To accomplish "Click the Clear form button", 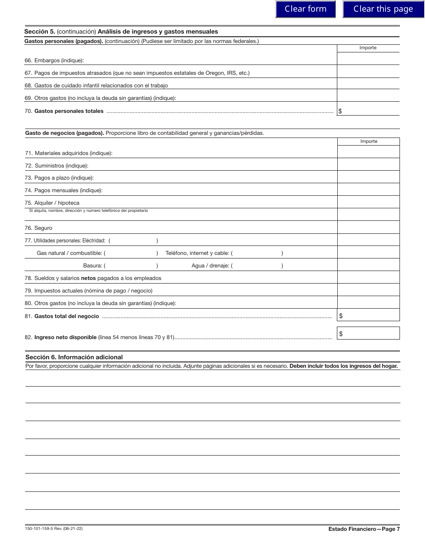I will point(306,9).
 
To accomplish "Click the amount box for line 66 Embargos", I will point(368,59).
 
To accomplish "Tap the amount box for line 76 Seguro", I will point(368,228).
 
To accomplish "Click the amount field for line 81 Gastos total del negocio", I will point(368,315).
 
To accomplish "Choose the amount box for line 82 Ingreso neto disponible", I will point(368,333).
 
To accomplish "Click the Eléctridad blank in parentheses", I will point(133,241).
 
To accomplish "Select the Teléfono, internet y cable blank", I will point(258,253).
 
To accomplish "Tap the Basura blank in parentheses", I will point(131,266).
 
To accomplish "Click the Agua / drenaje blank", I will point(258,266).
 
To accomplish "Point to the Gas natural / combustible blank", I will point(131,253).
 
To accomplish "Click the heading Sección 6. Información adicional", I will point(74,357).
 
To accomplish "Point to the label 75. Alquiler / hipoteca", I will point(52,203).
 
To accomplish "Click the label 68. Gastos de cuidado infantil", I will point(96,85).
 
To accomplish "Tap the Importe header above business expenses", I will point(369,142).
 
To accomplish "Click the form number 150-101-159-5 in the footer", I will point(54,529).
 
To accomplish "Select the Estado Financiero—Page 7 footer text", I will point(364,529).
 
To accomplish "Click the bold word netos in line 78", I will point(89,278).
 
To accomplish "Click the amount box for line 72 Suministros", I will point(368,165).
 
